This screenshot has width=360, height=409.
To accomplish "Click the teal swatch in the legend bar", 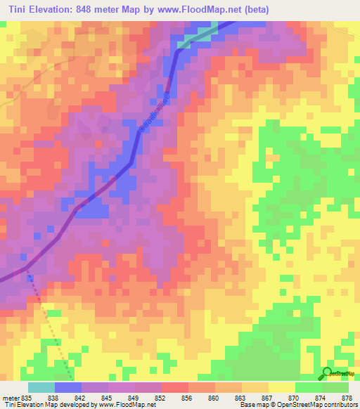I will [41, 387].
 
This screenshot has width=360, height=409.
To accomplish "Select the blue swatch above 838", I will [68, 387].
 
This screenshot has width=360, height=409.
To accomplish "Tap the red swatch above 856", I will [175, 387].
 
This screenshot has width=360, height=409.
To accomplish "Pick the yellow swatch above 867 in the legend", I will [255, 387].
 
